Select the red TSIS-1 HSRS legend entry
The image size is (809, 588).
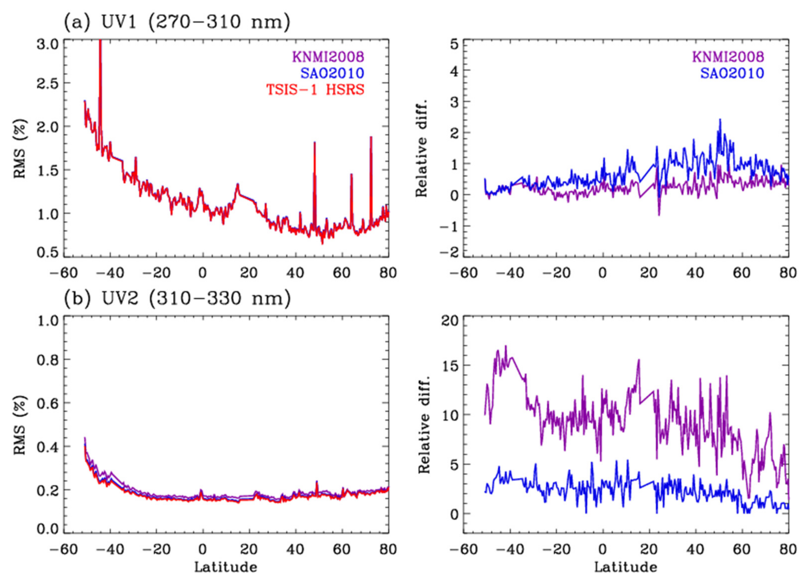pyautogui.click(x=315, y=90)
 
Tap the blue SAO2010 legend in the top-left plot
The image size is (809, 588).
pyautogui.click(x=332, y=73)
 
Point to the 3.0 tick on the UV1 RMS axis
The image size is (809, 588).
pyautogui.click(x=47, y=45)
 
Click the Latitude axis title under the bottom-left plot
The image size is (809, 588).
pyautogui.click(x=226, y=567)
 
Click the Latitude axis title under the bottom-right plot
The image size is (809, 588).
pyautogui.click(x=625, y=567)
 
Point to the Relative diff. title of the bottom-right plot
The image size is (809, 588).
pyautogui.click(x=424, y=424)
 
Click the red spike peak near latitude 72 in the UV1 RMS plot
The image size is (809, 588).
pyautogui.click(x=371, y=137)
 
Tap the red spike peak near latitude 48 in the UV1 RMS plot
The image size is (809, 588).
pyautogui.click(x=314, y=142)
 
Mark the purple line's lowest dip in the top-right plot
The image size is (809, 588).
pyautogui.click(x=659, y=215)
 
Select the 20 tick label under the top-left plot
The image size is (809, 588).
pyautogui.click(x=249, y=273)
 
